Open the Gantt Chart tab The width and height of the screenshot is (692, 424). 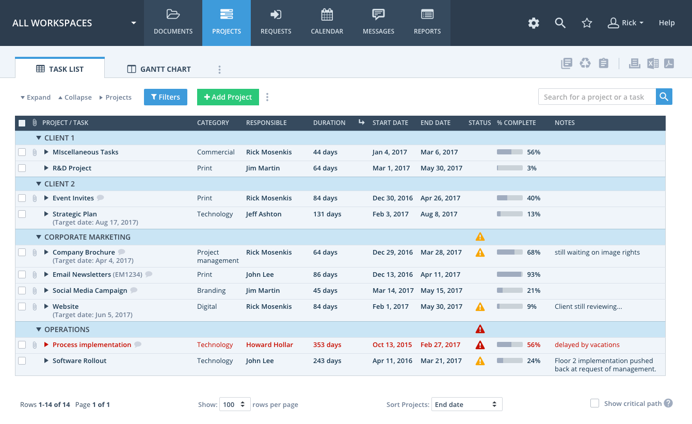point(159,69)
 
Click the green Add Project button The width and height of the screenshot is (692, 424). point(228,97)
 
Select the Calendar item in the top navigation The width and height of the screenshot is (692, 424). point(327,23)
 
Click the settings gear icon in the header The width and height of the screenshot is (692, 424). point(534,23)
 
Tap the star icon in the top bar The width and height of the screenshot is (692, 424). point(587,23)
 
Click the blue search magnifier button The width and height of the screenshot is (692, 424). point(664,97)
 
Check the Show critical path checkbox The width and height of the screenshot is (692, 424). point(594,403)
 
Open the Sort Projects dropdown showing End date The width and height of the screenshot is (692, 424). point(466,404)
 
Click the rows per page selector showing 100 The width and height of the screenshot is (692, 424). point(235,404)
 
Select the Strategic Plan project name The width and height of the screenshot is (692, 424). point(75,214)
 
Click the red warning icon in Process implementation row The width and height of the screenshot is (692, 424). point(480,345)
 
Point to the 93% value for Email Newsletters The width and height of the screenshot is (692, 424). point(534,274)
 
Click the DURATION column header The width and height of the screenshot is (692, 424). point(329,123)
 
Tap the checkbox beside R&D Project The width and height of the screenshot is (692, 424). point(22,168)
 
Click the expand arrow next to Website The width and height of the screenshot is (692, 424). point(46,307)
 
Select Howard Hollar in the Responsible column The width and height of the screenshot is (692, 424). point(269,345)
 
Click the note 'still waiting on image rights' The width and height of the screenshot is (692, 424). point(597,253)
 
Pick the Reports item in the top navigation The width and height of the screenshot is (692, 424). point(427,23)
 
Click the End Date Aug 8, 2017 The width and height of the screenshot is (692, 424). point(439,214)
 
